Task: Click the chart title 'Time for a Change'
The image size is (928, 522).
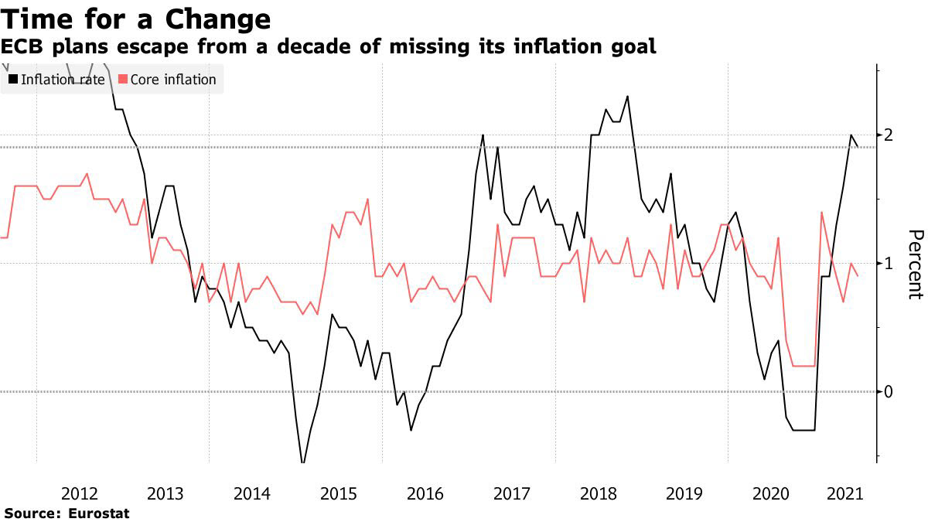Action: tap(135, 18)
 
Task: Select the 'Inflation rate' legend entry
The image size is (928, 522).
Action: tap(63, 79)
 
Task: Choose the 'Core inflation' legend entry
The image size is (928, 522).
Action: tap(173, 79)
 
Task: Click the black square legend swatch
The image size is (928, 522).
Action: tap(13, 79)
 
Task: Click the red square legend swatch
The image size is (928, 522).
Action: tap(122, 79)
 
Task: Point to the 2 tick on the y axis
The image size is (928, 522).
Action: tap(889, 135)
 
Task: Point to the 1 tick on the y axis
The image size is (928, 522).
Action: tap(889, 263)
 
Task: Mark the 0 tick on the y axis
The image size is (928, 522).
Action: tap(889, 391)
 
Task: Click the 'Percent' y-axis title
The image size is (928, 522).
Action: tap(915, 264)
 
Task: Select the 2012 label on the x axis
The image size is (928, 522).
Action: tap(79, 493)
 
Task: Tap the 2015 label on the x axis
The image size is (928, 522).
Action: tap(338, 493)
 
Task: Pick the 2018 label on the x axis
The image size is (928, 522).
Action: tap(597, 493)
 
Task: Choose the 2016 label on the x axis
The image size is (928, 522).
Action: tap(425, 493)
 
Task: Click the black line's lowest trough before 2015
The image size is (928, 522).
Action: tap(303, 463)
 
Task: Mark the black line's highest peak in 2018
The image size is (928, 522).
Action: tap(627, 97)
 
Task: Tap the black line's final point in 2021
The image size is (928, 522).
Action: tap(858, 146)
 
